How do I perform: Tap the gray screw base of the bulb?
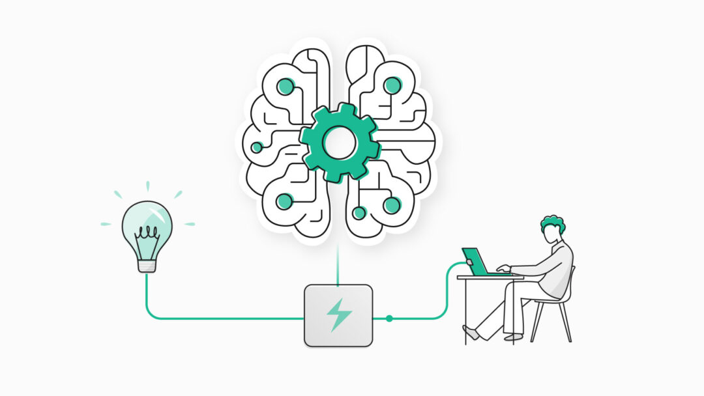[x=147, y=264]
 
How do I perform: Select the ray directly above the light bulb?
[x=147, y=186]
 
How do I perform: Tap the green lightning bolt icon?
[x=338, y=315]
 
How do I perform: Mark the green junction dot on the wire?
[x=389, y=318]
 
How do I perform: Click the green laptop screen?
[x=475, y=261]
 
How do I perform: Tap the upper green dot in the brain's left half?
[x=286, y=86]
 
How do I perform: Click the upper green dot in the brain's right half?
[x=392, y=85]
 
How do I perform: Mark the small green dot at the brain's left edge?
[x=257, y=147]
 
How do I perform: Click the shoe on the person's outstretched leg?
[x=470, y=332]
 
